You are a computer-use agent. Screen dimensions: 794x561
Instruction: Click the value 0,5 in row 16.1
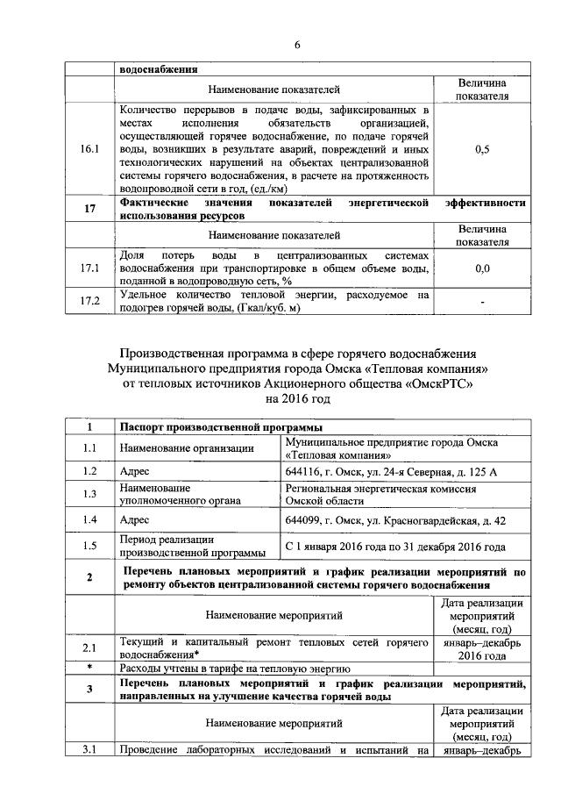click(481, 150)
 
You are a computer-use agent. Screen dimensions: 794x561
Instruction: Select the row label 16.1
click(89, 150)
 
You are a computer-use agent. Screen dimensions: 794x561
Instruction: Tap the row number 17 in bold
click(89, 208)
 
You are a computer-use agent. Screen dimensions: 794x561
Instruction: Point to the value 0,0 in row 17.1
click(481, 268)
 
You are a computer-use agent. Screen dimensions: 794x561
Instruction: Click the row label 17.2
click(89, 301)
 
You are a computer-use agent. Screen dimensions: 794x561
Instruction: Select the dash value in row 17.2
click(481, 301)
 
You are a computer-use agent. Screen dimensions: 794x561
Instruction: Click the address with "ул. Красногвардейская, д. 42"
click(395, 519)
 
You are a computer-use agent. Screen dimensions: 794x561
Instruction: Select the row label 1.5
click(89, 546)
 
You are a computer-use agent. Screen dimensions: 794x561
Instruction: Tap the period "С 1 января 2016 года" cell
click(395, 547)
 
